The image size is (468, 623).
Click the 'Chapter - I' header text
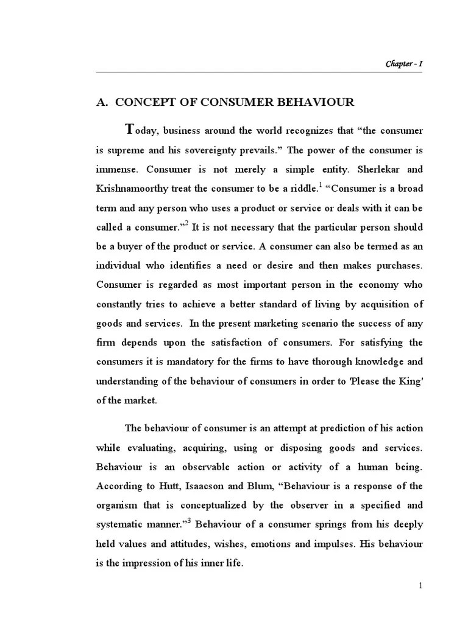404,64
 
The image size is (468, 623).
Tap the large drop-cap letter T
129,129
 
